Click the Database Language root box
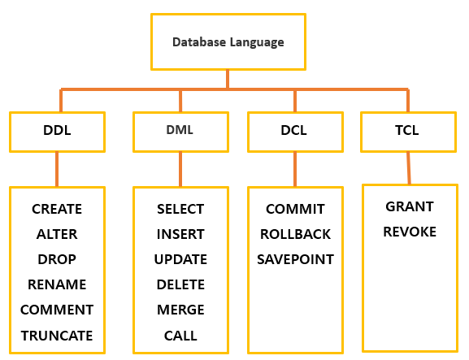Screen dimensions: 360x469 click(x=228, y=41)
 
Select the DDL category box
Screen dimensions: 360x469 click(x=57, y=130)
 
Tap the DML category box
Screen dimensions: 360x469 click(x=180, y=130)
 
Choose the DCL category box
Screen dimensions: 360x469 click(x=294, y=130)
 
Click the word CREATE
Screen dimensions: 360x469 click(x=57, y=209)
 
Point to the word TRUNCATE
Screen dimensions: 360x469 click(x=57, y=336)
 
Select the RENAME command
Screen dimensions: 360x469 click(x=57, y=284)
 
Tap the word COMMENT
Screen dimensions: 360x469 click(x=57, y=310)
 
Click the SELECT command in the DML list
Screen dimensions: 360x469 click(x=180, y=209)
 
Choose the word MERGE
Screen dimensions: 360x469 click(x=180, y=310)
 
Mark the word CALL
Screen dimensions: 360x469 click(x=180, y=336)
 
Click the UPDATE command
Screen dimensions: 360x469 click(x=180, y=259)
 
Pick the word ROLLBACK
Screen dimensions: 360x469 click(x=295, y=234)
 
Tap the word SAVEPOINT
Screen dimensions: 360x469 click(x=295, y=259)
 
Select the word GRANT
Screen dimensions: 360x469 click(x=410, y=206)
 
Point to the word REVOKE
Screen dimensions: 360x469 click(x=410, y=232)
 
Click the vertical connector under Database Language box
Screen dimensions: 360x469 click(x=228, y=79)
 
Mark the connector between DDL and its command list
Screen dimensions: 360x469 click(x=57, y=169)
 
